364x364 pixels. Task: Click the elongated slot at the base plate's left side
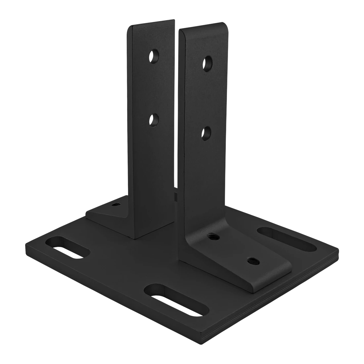(67, 247)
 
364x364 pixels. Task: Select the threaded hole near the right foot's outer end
(252, 261)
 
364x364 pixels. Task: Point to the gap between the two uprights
(176, 132)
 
